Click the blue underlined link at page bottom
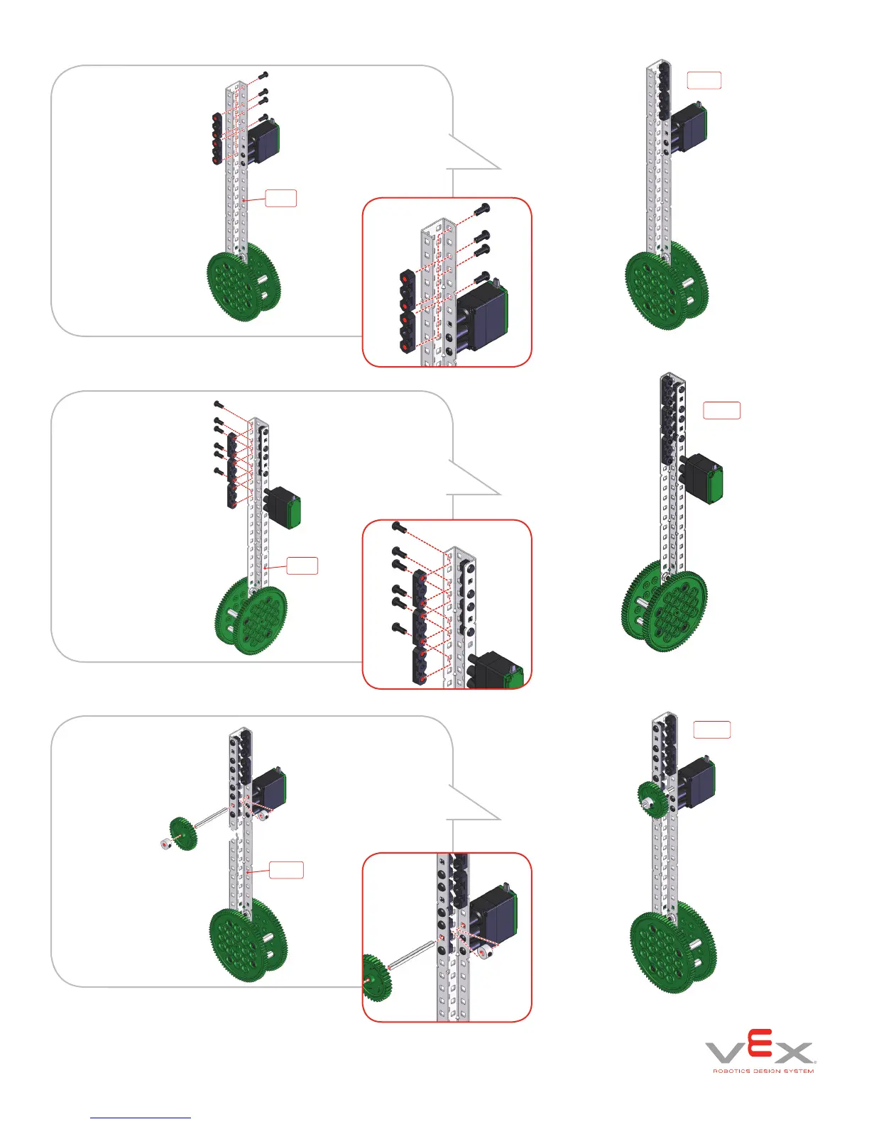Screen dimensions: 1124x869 [x=141, y=1118]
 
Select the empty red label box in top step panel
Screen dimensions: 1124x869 [x=280, y=198]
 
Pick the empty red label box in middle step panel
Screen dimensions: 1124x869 [x=302, y=566]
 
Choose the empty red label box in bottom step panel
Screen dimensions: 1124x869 [x=286, y=869]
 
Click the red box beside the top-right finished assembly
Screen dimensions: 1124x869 [x=704, y=80]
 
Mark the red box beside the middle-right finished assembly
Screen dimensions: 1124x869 [x=721, y=410]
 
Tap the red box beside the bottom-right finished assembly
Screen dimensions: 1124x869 [x=711, y=729]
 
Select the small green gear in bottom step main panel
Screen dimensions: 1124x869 [x=182, y=834]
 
